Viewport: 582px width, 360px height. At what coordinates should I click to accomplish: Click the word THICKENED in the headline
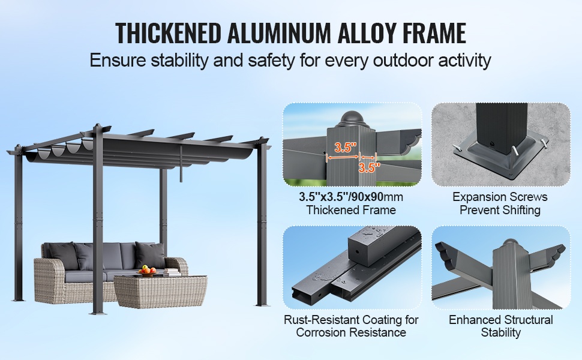tap(168, 33)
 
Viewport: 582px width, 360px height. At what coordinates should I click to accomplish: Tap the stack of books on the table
tap(172, 272)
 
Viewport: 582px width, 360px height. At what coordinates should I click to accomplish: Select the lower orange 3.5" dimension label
tap(370, 167)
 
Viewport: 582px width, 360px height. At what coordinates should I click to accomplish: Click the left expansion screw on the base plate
tap(458, 148)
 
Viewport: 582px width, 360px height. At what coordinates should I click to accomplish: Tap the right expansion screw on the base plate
tap(514, 149)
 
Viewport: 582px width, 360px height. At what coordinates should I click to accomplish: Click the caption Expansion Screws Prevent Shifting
tap(500, 203)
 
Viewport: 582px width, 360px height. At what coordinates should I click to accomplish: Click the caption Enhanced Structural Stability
tap(501, 326)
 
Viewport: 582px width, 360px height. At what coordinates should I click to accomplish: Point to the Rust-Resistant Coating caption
tap(351, 326)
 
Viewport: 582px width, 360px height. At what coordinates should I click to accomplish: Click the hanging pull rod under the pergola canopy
tap(181, 163)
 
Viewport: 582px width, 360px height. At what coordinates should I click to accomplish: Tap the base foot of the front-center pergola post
tap(98, 313)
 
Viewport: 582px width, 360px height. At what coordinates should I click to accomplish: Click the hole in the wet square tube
tap(357, 251)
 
